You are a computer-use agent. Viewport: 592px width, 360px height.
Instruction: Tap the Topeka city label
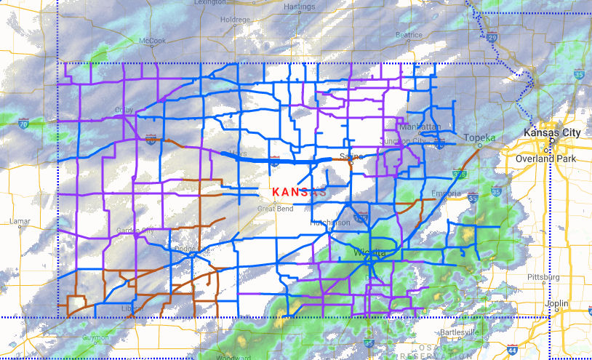(480, 137)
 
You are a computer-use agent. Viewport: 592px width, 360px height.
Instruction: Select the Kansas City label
(553, 133)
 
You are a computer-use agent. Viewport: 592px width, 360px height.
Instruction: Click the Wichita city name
(369, 252)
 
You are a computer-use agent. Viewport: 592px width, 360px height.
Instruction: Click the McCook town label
(153, 41)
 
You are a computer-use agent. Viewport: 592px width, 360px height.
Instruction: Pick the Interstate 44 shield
(513, 348)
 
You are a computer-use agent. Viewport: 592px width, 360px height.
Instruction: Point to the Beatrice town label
(408, 34)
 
